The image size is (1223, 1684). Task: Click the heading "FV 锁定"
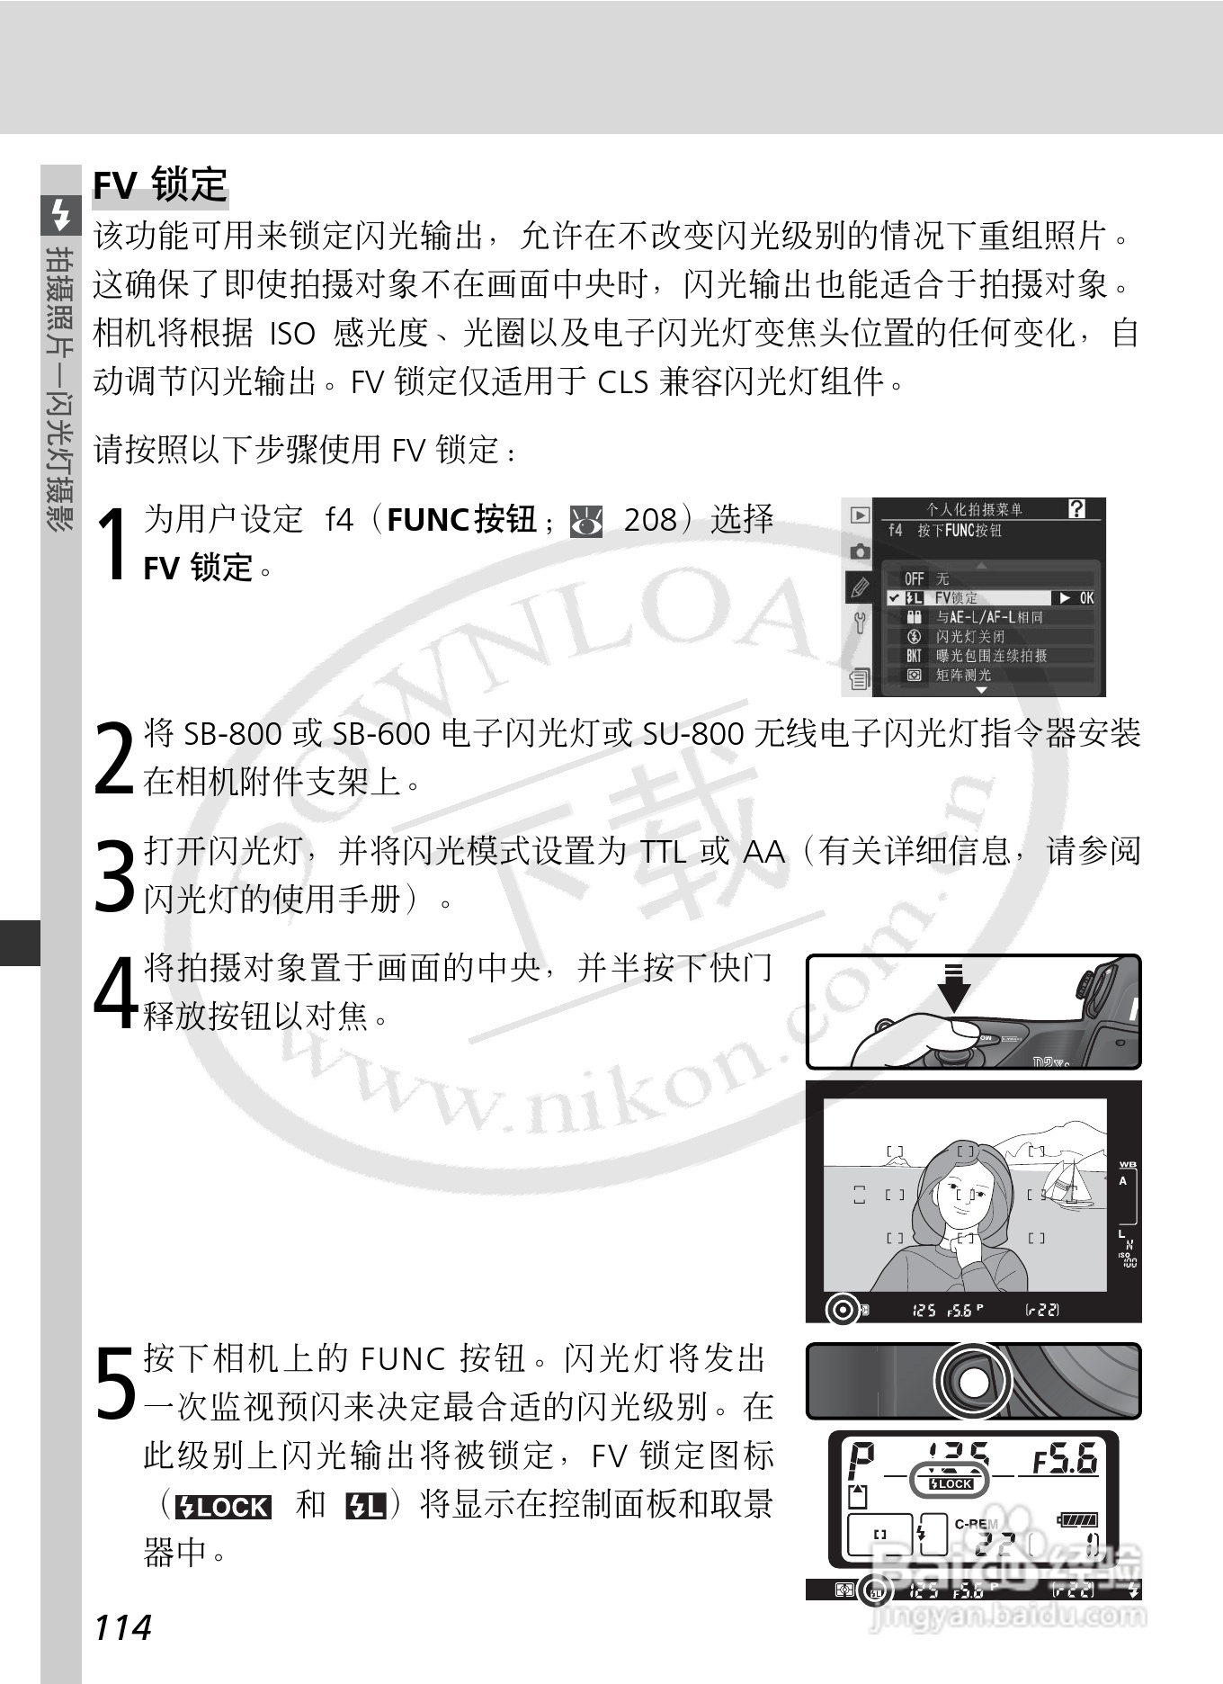pos(160,185)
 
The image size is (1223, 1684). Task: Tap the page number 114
pos(123,1627)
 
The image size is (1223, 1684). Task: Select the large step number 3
pos(114,874)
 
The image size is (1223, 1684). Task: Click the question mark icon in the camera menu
pos(1076,509)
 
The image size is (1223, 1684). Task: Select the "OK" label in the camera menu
pos(1086,598)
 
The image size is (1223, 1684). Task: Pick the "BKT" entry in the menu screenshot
pos(914,656)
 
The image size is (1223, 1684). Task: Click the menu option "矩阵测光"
pos(963,675)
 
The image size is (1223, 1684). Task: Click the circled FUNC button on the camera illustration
pos(972,1380)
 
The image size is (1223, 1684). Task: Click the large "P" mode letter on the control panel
pos(861,1458)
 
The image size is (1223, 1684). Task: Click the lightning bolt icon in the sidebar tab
pos(60,214)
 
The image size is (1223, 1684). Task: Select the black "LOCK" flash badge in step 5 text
pos(224,1508)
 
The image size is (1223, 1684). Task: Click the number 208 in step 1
pos(649,520)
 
